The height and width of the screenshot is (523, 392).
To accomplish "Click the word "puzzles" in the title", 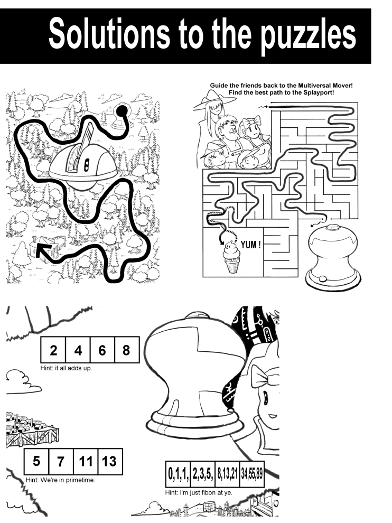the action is tap(308, 35).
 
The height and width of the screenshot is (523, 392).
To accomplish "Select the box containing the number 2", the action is tap(53, 350).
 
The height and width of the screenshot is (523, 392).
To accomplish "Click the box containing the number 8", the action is tap(126, 350).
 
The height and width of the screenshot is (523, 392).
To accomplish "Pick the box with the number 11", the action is tap(86, 462).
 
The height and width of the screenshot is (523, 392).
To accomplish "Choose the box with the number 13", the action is tap(110, 462).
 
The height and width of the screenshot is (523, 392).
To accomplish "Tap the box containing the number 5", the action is tap(36, 462).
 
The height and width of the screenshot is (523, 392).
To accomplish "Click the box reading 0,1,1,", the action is tap(178, 474).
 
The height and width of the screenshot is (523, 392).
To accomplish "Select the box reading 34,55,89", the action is tap(252, 474).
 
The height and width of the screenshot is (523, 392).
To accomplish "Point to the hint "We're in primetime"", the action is tap(68, 480).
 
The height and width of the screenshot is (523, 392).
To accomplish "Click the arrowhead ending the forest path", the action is tap(42, 251).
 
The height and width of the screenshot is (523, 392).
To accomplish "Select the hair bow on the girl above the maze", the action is tap(250, 124).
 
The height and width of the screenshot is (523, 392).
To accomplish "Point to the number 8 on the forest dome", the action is tap(86, 164).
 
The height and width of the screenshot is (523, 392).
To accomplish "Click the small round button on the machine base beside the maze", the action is tap(323, 279).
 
